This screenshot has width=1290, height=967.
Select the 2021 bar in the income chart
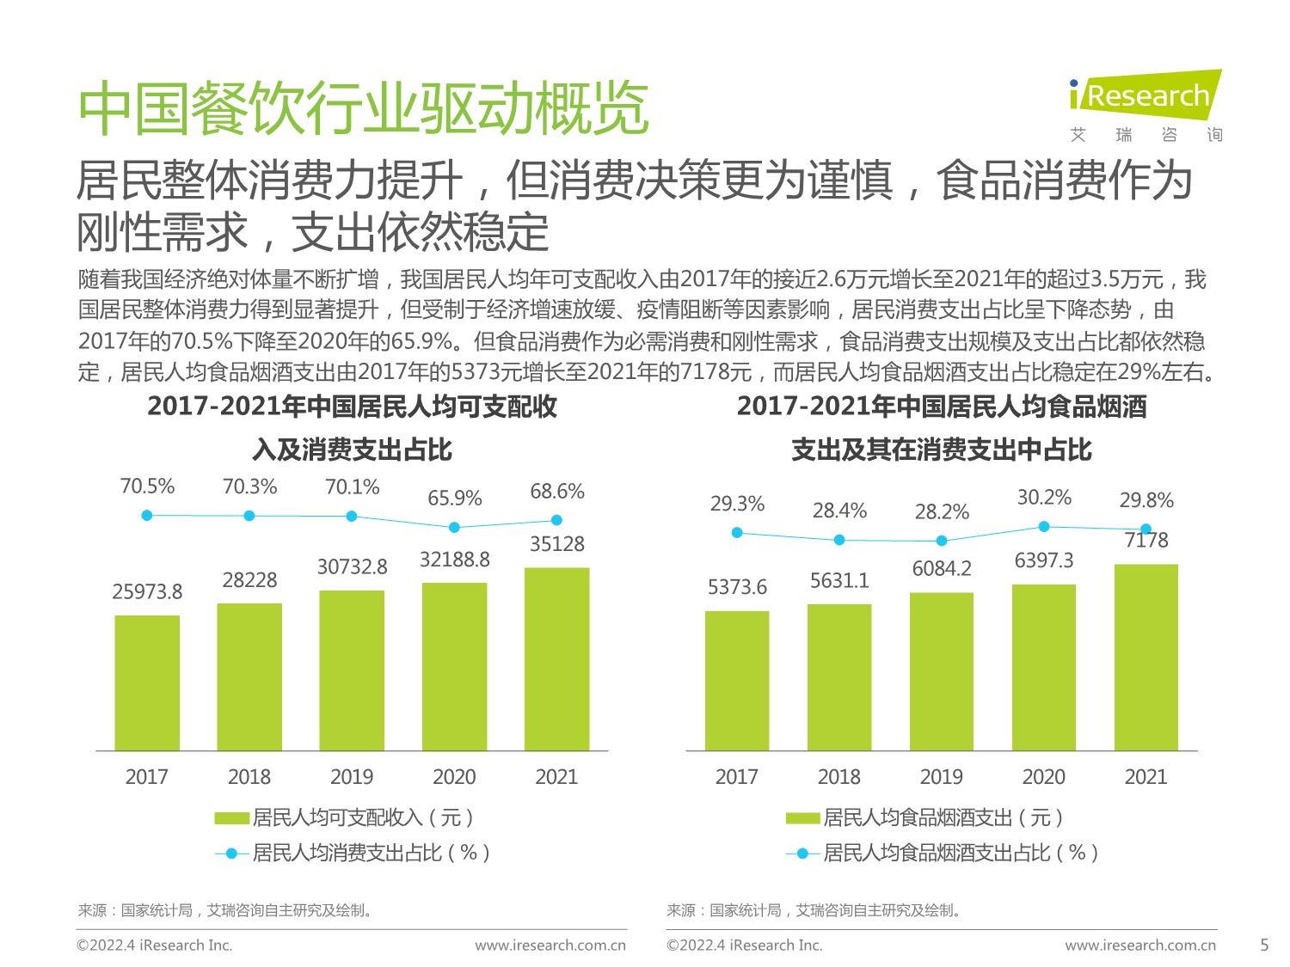point(556,658)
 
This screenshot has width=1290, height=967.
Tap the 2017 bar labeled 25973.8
point(147,682)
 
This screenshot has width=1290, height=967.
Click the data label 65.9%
point(455,499)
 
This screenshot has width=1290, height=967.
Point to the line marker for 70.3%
point(249,516)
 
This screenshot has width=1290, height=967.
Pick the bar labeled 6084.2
point(942,670)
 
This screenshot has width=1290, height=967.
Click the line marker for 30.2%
point(1044,526)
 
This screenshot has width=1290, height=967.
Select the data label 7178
point(1146,541)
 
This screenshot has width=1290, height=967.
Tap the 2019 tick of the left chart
point(352,777)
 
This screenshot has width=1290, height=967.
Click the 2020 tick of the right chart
point(1044,777)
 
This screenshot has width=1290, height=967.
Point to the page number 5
point(1264,945)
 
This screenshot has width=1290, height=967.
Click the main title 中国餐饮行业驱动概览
point(363,109)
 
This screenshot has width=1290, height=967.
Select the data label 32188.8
point(455,560)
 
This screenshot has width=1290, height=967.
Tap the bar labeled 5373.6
point(737,680)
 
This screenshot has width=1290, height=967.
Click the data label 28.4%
point(839,511)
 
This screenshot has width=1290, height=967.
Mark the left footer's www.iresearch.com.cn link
point(550,946)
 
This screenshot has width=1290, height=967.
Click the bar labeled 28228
point(249,676)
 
